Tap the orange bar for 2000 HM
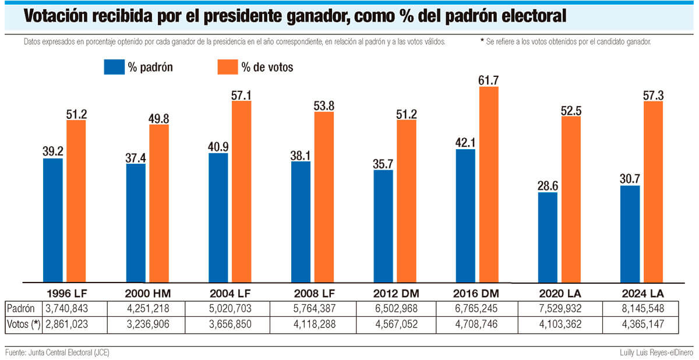[x=158, y=203]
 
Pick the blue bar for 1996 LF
[x=52, y=220]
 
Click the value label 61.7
[x=488, y=80]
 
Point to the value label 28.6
[x=547, y=185]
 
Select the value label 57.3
[x=654, y=94]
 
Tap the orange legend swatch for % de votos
[x=227, y=67]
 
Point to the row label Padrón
[x=20, y=308]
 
